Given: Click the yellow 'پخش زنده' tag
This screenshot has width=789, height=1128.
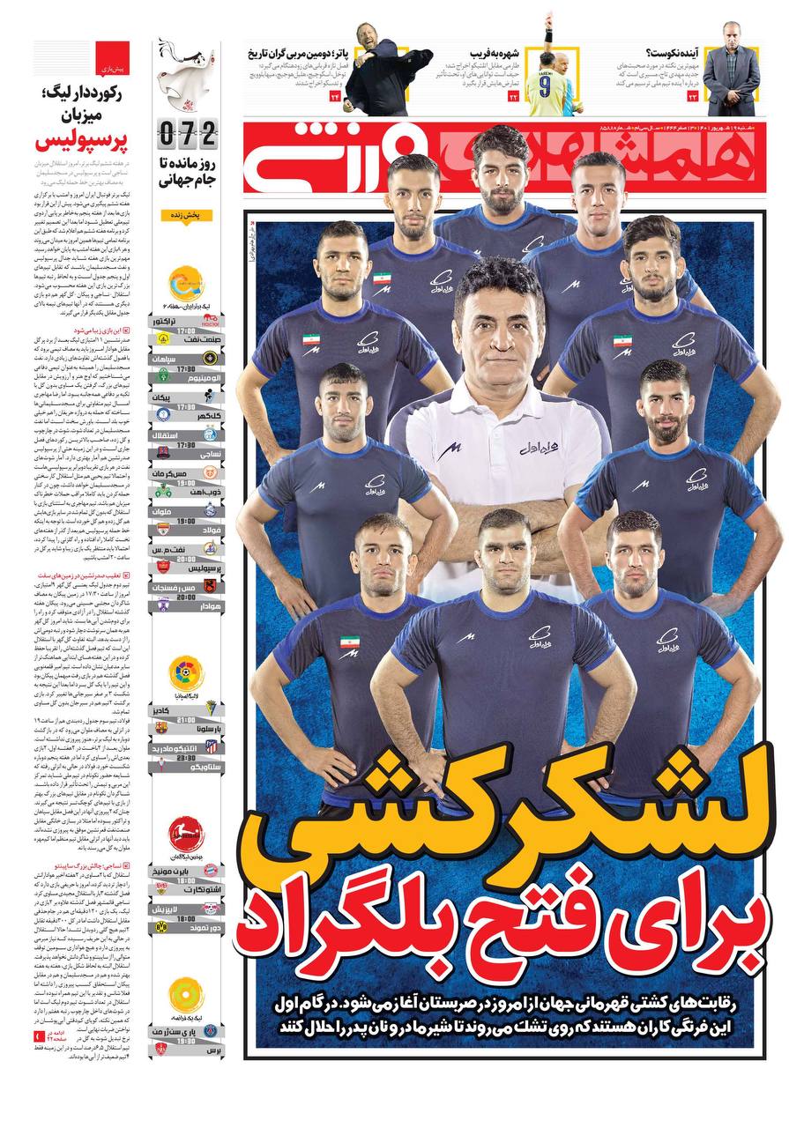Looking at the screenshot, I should point(187,215).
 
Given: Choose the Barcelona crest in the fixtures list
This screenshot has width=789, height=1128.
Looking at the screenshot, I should point(161,727).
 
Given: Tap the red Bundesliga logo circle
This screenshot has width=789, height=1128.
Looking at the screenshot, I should point(186,829).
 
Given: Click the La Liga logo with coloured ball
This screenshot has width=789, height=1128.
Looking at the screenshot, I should point(186,673).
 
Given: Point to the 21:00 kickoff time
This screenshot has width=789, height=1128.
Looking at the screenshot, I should point(186,718).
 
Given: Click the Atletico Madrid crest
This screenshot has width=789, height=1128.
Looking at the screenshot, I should point(212,746).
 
